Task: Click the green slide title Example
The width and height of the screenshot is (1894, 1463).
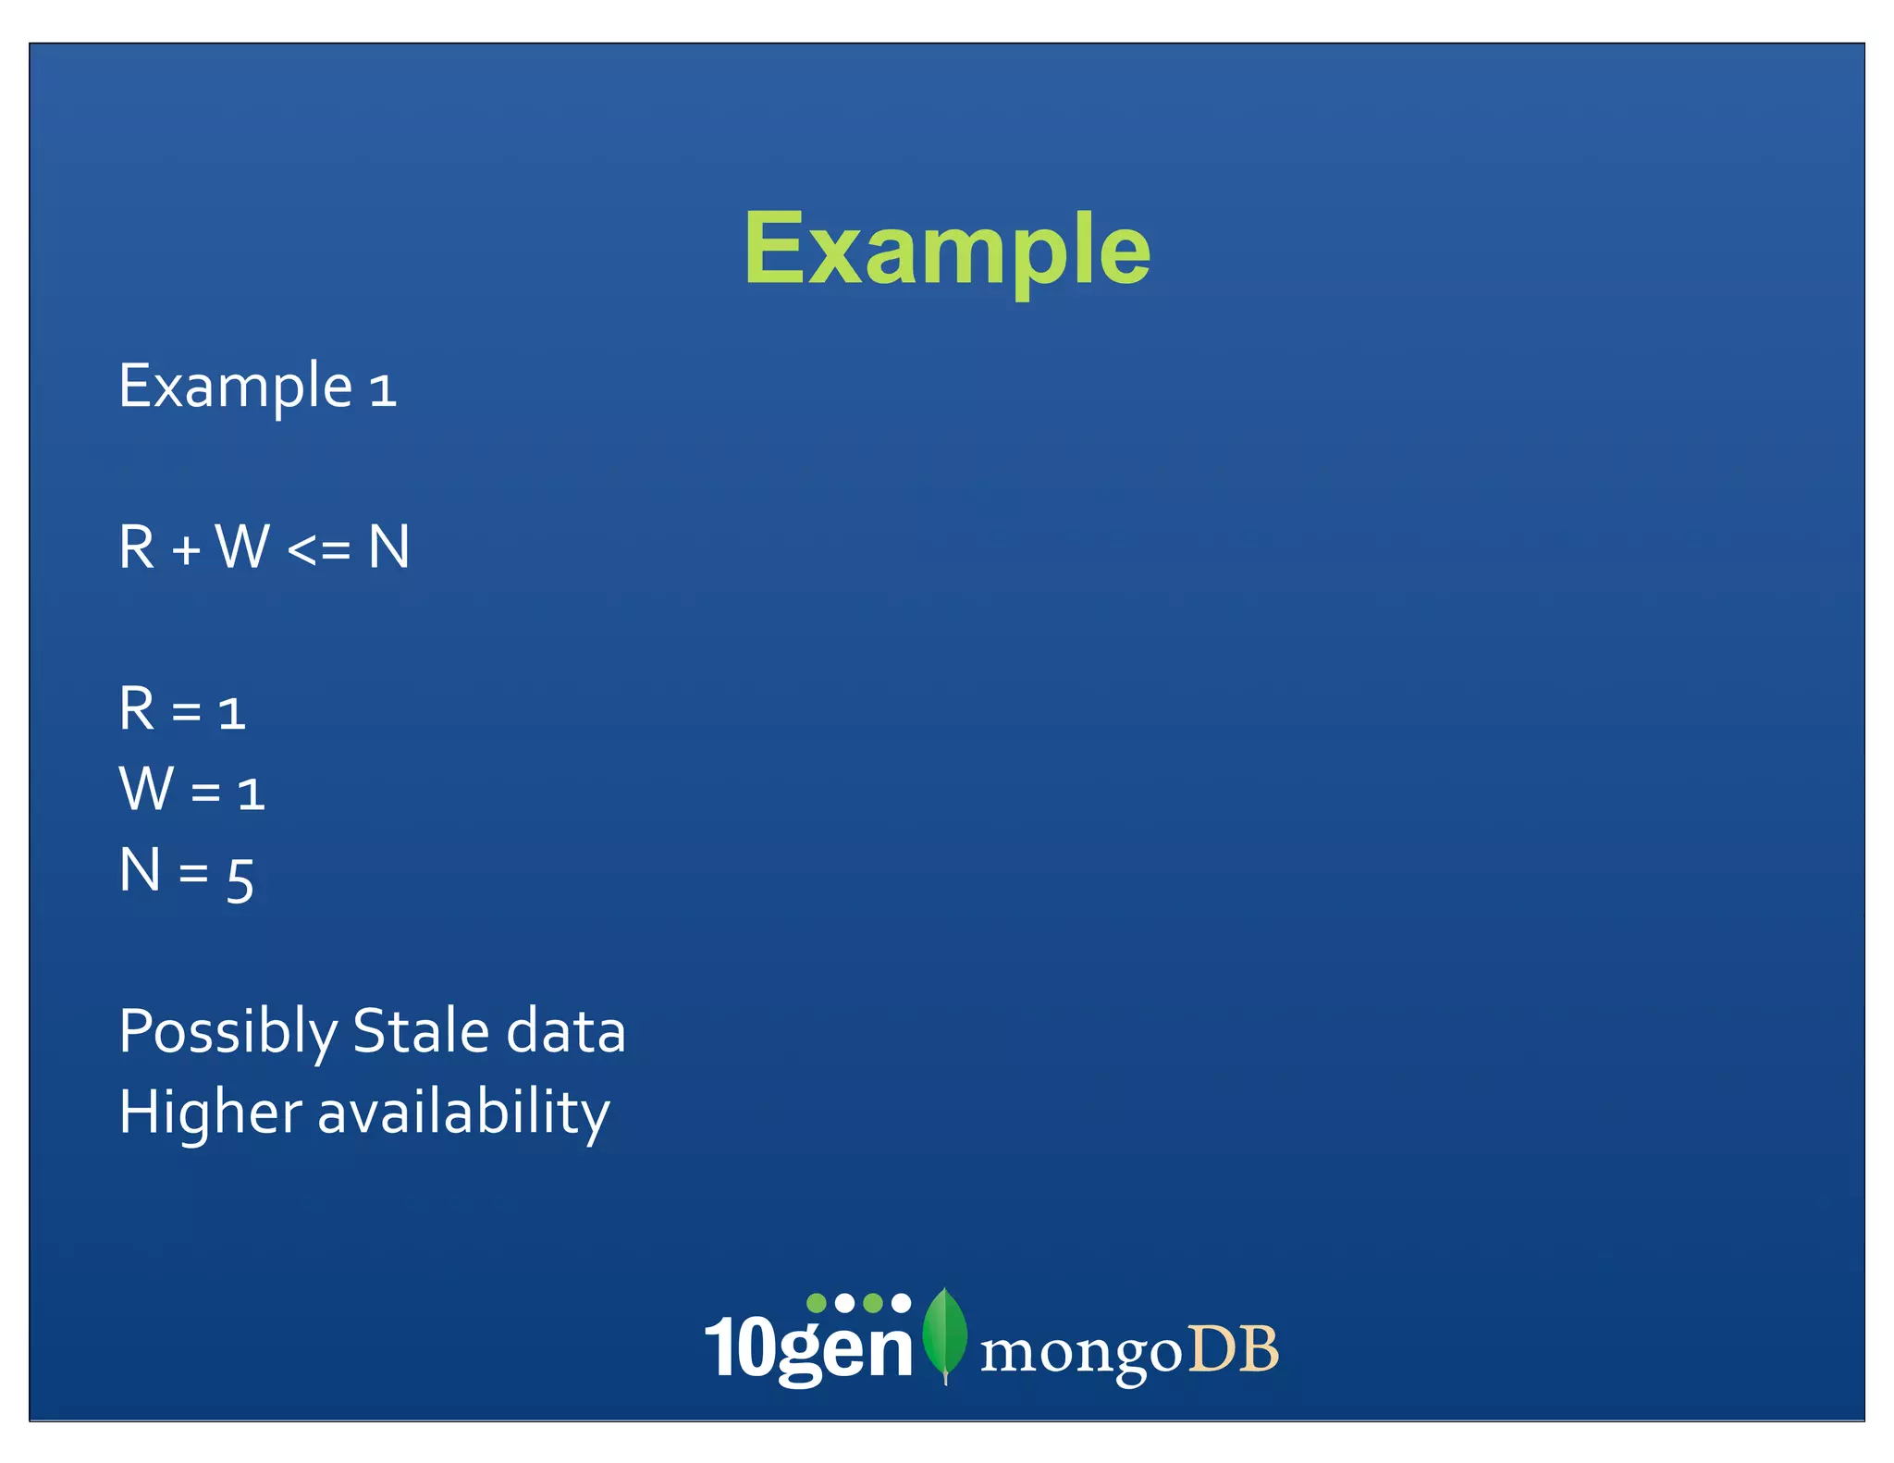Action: pyautogui.click(x=947, y=248)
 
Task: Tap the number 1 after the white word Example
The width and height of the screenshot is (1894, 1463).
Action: pyautogui.click(x=383, y=390)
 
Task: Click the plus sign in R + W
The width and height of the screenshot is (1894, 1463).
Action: pyautogui.click(x=186, y=550)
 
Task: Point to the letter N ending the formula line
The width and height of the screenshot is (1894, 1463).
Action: pyautogui.click(x=388, y=547)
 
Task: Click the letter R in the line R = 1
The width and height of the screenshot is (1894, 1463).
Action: pyautogui.click(x=137, y=709)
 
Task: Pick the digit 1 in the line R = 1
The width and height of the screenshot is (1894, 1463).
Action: pyautogui.click(x=232, y=714)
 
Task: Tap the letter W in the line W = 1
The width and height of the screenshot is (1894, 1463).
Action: pyautogui.click(x=147, y=789)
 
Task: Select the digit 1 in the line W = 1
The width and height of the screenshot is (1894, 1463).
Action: pyautogui.click(x=252, y=794)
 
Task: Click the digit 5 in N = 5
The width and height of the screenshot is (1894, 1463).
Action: pyautogui.click(x=240, y=879)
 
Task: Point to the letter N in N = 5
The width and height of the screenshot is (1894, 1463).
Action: pyautogui.click(x=141, y=870)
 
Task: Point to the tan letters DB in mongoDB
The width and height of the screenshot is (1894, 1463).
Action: pyautogui.click(x=1233, y=1349)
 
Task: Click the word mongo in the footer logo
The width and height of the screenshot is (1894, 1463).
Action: pyautogui.click(x=1080, y=1354)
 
